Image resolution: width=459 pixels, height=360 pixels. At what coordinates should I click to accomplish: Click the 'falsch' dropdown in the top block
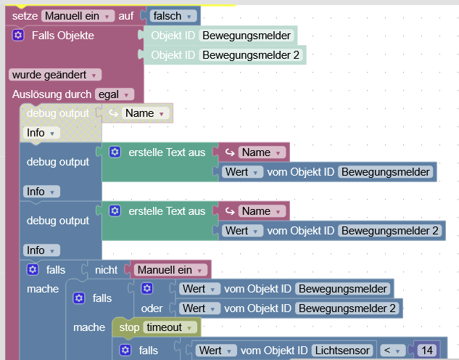point(172,15)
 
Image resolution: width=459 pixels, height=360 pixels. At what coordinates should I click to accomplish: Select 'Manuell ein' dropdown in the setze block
point(78,15)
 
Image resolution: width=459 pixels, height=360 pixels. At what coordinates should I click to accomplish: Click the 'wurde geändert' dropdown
point(54,74)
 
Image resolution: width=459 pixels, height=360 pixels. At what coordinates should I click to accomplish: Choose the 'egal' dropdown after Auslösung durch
point(115,94)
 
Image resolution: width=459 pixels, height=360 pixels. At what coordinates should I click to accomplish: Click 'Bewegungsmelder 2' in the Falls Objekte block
point(250,54)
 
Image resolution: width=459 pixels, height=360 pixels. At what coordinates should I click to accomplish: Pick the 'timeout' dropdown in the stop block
point(170,327)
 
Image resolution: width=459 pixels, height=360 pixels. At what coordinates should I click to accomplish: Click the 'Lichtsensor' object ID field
point(342,351)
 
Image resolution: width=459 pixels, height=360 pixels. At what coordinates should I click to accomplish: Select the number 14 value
point(426,351)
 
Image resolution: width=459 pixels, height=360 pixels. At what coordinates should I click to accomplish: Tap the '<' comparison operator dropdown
point(391,351)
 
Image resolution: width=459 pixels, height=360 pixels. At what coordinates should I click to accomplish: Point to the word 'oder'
point(152,308)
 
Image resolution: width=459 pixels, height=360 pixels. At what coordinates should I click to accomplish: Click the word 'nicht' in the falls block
point(106,269)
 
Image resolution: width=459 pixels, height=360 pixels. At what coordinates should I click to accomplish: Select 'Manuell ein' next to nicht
point(171,269)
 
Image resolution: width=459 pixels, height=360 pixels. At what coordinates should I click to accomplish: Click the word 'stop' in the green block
point(129,327)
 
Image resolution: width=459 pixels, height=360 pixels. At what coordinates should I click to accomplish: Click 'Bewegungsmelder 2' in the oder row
point(347,308)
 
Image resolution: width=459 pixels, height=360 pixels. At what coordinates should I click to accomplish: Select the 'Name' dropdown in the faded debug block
point(146,113)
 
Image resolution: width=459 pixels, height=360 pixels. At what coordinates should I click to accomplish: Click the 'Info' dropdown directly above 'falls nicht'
point(41,250)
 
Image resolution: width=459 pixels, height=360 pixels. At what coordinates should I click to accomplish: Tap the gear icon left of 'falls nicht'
point(32,269)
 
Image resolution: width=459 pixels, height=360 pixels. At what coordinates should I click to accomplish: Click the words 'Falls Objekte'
point(62,35)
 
